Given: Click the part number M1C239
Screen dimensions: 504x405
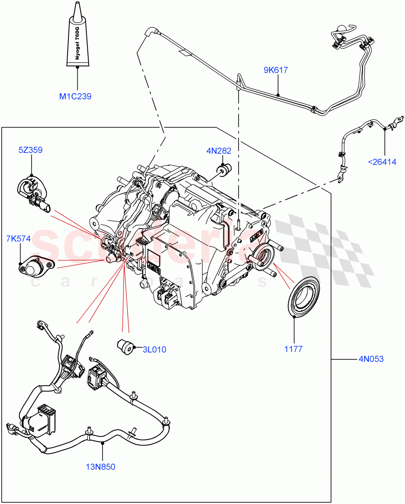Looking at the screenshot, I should click(x=75, y=97).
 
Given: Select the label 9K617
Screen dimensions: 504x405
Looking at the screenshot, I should click(x=276, y=70).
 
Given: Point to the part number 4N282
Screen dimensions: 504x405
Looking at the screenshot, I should click(x=218, y=151).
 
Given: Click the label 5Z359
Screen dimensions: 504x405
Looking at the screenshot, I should click(x=30, y=150).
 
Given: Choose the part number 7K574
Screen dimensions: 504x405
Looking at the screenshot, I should click(x=18, y=239).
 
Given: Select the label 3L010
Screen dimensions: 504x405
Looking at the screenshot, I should click(x=154, y=349).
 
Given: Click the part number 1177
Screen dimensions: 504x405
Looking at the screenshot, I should click(x=293, y=349).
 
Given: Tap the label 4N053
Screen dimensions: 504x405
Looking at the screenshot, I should click(x=371, y=359).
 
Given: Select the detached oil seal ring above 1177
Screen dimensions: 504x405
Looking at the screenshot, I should click(x=304, y=297).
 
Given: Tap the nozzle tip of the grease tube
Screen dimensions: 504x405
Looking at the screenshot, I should click(x=77, y=6).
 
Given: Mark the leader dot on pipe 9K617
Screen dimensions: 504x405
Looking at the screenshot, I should click(x=278, y=95).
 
